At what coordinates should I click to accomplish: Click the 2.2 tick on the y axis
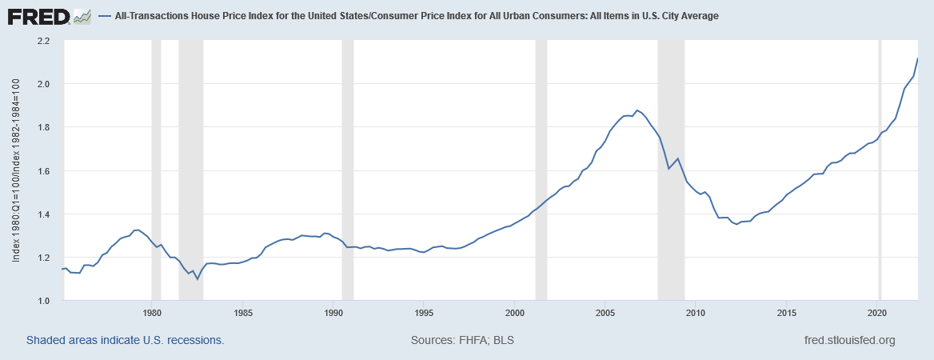tap(43, 41)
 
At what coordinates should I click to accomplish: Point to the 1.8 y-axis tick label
tap(43, 128)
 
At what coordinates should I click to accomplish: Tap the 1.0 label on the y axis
tap(43, 301)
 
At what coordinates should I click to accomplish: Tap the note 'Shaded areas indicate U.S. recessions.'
tap(125, 340)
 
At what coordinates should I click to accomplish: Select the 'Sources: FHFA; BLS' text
tap(462, 340)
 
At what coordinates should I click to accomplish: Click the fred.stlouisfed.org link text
tap(848, 340)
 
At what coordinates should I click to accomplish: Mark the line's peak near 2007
tap(637, 110)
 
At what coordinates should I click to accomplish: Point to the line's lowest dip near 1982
tap(197, 278)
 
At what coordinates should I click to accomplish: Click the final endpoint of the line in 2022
tap(917, 58)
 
